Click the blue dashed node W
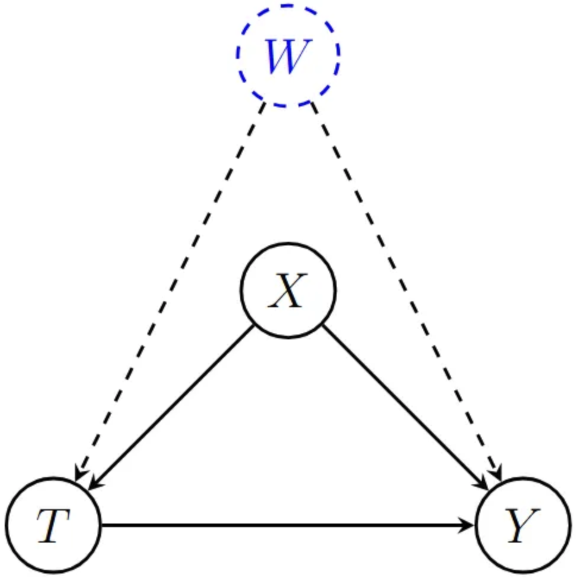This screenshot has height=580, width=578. (x=288, y=55)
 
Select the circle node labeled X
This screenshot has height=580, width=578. (x=288, y=291)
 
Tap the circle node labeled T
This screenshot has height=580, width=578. (x=54, y=525)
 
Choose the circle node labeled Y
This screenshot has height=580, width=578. (x=523, y=525)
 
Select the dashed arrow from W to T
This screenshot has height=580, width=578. (x=172, y=285)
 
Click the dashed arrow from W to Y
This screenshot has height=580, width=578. (x=404, y=285)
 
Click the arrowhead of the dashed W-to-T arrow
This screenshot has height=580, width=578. (x=78, y=475)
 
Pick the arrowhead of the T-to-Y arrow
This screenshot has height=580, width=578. (x=470, y=525)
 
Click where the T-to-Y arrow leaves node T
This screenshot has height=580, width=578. (x=102, y=525)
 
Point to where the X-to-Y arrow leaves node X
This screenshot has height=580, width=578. (x=323, y=325)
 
